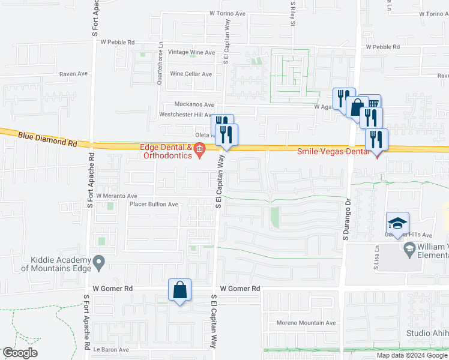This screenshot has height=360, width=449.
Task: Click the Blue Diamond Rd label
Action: [48, 139]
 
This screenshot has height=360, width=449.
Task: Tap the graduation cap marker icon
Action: [397, 224]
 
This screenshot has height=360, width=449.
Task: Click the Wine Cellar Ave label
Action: [191, 74]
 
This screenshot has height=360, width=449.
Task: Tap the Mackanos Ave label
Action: [194, 104]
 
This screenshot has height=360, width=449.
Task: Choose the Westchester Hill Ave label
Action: [185, 115]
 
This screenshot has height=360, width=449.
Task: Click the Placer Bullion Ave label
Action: [154, 205]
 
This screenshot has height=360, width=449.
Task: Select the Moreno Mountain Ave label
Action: [306, 323]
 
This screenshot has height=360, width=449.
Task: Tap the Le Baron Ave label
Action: [110, 350]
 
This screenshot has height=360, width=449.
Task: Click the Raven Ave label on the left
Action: [73, 74]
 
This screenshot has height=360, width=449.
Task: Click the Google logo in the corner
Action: [20, 353]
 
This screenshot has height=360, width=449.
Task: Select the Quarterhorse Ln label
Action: [160, 63]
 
